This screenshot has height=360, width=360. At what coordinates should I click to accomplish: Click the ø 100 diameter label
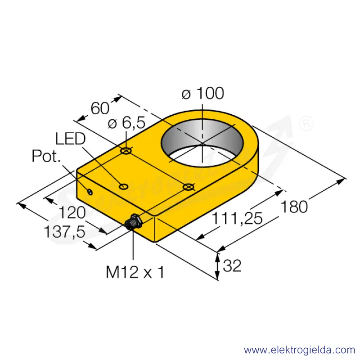[x=203, y=93]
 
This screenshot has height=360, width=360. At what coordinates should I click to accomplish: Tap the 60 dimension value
[x=100, y=108]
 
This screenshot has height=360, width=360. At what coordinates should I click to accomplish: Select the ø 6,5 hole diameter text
[x=126, y=122]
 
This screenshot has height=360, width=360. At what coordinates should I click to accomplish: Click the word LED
[x=70, y=139]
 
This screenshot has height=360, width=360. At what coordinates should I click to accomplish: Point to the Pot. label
[x=46, y=156]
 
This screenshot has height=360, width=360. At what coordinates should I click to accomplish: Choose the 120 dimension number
[x=72, y=212]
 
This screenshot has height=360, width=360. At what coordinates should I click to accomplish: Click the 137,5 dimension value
[x=64, y=231]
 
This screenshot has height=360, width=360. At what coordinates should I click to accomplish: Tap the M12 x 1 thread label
[x=135, y=272]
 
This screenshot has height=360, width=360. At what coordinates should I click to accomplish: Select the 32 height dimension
[x=232, y=265]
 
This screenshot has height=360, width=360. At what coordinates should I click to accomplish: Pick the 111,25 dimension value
[x=237, y=218]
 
